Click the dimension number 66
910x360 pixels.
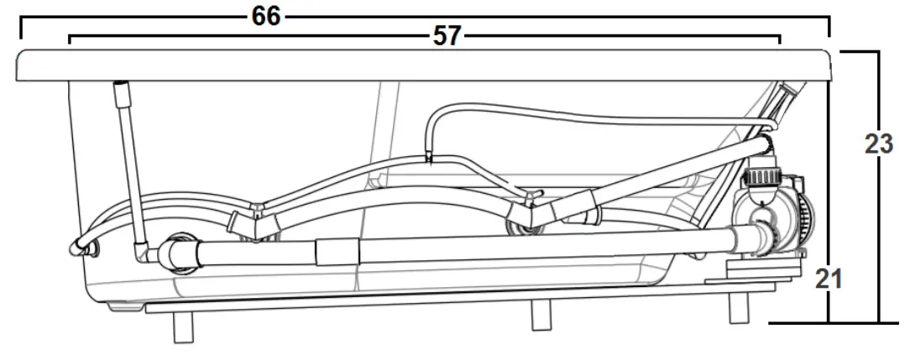[x=266, y=16]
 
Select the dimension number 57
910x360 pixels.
[x=447, y=37]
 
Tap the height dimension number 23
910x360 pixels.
[x=879, y=143]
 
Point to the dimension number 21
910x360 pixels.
[x=829, y=279]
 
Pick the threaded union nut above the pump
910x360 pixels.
[x=762, y=177]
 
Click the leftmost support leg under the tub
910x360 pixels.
[x=183, y=327]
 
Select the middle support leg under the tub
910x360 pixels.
[x=541, y=316]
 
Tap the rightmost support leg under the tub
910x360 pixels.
[x=738, y=308]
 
